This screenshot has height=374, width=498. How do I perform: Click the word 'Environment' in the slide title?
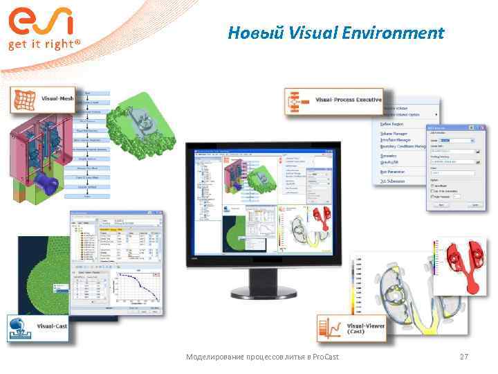tap(399, 33)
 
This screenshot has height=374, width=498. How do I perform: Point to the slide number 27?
tap(464, 357)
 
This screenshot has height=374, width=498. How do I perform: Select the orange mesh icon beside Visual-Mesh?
tap(23, 99)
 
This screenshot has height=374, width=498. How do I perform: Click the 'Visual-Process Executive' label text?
tap(348, 100)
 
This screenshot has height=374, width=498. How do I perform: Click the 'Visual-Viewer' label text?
tap(365, 328)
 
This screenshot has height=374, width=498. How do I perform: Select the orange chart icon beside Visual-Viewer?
tap(331, 328)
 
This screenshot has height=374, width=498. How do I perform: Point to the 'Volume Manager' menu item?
tap(394, 134)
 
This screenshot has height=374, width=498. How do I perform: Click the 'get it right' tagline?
tap(44, 44)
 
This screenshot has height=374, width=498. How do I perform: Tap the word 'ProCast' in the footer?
tap(325, 357)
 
